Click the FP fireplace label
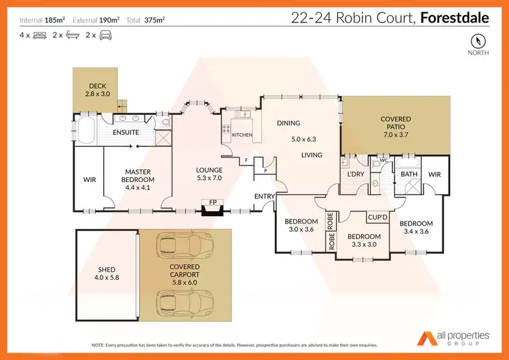[212, 202]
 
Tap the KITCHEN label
[242, 135]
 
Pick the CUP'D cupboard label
[377, 217]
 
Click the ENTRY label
[263, 196]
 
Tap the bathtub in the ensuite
[88, 130]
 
